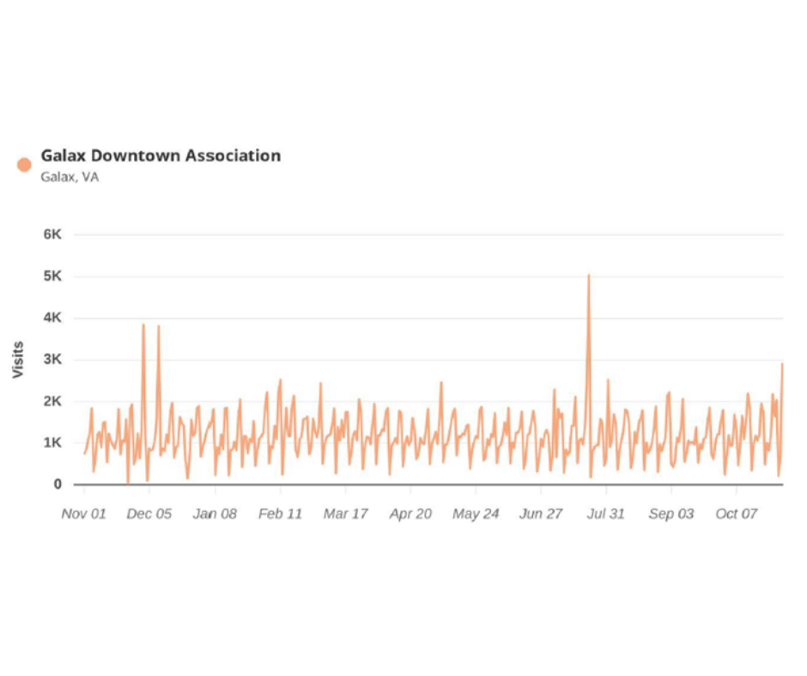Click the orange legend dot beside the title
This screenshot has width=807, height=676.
click(x=24, y=164)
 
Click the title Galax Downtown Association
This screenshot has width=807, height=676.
click(x=161, y=155)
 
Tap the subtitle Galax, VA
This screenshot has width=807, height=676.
click(x=70, y=178)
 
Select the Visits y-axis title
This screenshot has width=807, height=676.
click(x=18, y=360)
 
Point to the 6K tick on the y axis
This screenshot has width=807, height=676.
click(x=52, y=234)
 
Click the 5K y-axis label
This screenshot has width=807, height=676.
click(x=52, y=276)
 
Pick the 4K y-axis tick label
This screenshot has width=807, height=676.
click(x=52, y=318)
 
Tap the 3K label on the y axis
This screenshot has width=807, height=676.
click(x=52, y=359)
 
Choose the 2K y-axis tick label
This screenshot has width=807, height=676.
click(x=52, y=401)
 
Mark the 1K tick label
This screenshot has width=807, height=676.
click(x=52, y=443)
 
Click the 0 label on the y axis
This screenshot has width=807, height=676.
click(x=58, y=485)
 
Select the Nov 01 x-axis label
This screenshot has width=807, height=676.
click(x=84, y=514)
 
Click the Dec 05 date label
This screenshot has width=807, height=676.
click(x=149, y=514)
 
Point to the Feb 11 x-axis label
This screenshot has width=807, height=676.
click(x=281, y=514)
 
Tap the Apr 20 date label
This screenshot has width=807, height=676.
click(x=410, y=514)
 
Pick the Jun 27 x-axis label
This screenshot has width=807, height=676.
click(x=541, y=514)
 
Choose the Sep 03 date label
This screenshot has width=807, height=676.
click(x=671, y=514)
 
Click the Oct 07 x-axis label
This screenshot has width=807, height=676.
click(x=737, y=514)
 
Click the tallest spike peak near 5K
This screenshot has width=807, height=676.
click(x=588, y=275)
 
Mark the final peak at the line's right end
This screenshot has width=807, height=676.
click(x=782, y=364)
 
